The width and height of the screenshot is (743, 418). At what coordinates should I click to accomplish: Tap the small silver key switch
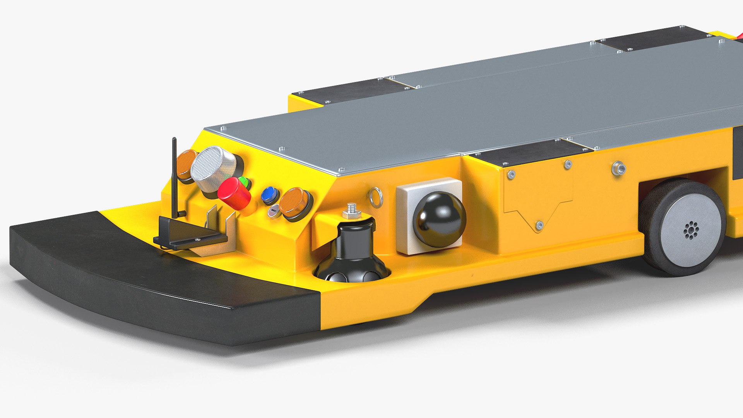coord(273,211)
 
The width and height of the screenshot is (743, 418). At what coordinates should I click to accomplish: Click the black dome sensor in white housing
coord(439,219)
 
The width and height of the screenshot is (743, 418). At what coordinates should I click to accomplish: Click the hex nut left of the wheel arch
coord(618,168)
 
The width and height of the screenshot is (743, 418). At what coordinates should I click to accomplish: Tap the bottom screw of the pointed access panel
coord(539,224)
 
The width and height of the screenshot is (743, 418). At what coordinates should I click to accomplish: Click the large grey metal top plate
coord(464,112)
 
